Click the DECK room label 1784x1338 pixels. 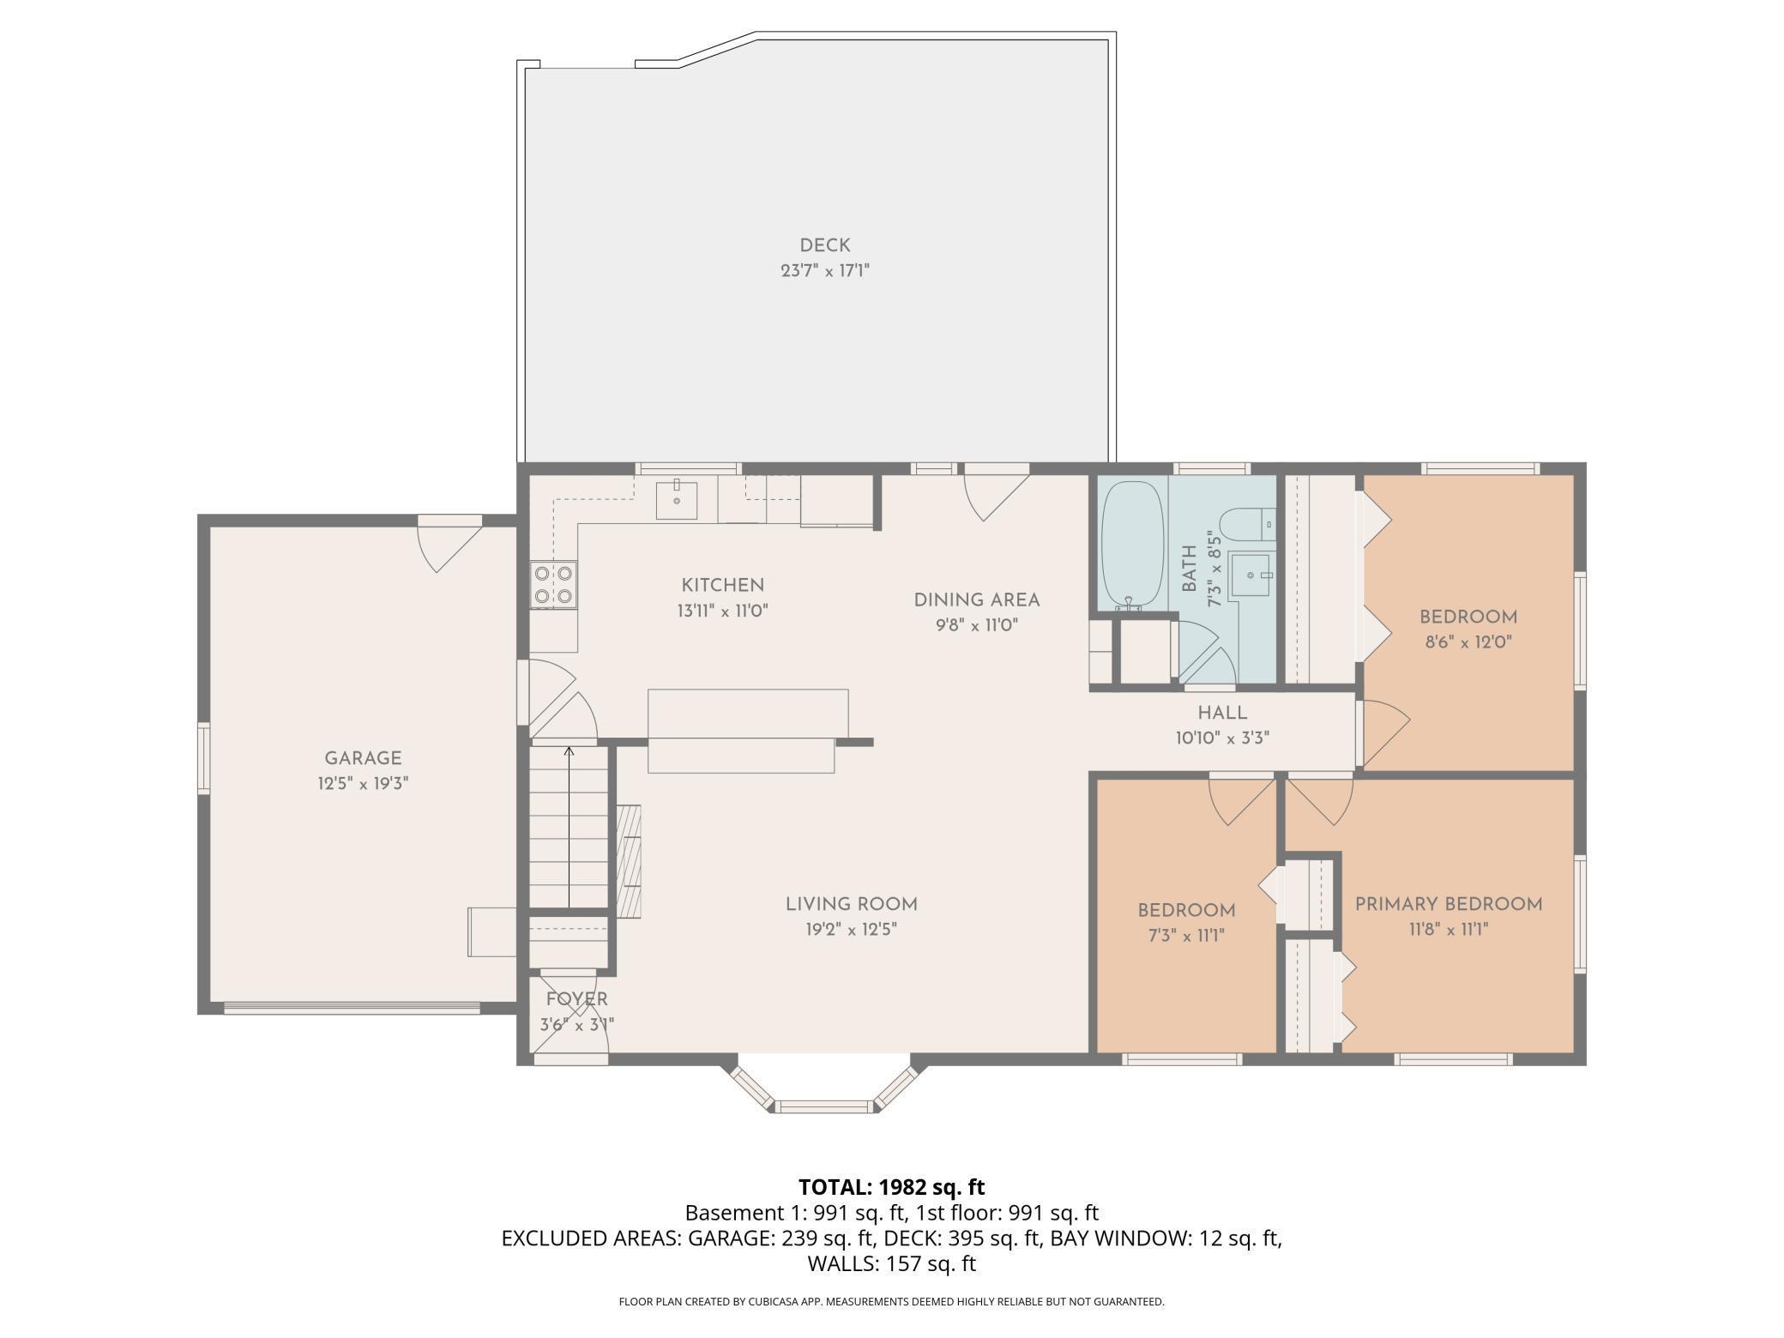coord(825,246)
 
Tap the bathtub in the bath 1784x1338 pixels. coord(1132,545)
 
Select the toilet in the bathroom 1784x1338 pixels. coord(1248,524)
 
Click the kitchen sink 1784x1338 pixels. coord(677,500)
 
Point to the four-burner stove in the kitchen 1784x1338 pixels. coord(554,584)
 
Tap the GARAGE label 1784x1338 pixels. coord(363,758)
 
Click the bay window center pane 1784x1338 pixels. coord(824,1106)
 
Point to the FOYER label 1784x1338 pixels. coord(577,999)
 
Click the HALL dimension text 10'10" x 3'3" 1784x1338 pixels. coord(1222,738)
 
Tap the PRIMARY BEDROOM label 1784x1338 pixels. coord(1449,904)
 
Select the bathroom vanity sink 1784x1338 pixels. coord(1251,575)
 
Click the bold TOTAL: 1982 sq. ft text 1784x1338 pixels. coord(892,1187)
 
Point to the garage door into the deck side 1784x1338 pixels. coord(449,544)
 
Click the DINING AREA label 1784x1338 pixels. coord(977,600)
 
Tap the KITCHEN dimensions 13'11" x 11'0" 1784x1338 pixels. coord(722,612)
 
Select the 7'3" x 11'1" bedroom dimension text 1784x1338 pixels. coord(1186,935)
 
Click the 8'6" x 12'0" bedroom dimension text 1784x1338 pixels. coord(1468,642)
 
